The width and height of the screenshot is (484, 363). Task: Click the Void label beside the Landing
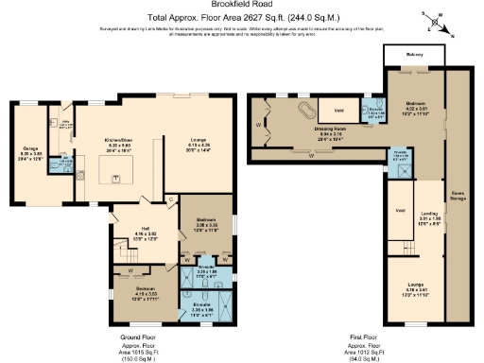pyautogui.click(x=399, y=209)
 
